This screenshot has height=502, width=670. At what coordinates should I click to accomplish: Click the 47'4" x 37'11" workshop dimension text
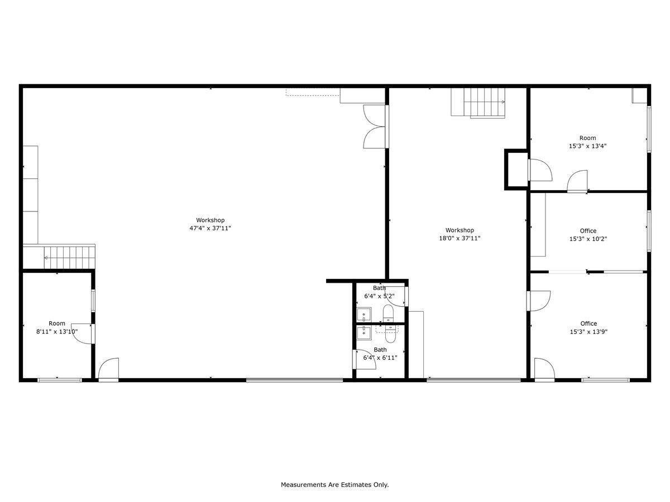[x=210, y=228]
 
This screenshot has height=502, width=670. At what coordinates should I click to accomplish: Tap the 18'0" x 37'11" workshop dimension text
[x=460, y=238]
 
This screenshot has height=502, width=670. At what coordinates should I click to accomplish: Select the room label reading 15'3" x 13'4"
[x=587, y=146]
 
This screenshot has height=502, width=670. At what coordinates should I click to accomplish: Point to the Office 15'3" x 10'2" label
[x=588, y=235]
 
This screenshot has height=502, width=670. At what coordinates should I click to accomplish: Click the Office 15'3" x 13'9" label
[x=588, y=327]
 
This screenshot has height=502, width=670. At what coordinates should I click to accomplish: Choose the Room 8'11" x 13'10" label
[x=57, y=327]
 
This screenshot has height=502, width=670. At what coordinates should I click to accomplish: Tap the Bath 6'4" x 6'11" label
[x=380, y=354]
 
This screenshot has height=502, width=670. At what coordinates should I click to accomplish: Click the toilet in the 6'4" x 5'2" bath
[x=389, y=313]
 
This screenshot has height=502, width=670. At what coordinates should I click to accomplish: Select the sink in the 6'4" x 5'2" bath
[x=364, y=314]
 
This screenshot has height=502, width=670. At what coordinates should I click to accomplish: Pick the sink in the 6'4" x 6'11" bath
[x=364, y=332]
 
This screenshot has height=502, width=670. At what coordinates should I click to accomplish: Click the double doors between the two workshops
[x=374, y=127]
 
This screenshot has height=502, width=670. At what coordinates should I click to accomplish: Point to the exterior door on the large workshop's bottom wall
[x=109, y=370]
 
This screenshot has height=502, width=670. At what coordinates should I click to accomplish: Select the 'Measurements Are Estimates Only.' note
[x=334, y=485]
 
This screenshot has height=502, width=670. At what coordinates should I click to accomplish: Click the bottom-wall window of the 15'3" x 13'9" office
[x=605, y=380]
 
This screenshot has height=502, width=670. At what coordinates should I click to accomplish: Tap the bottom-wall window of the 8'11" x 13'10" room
[x=60, y=380]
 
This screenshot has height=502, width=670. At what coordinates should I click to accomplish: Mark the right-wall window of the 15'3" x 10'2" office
[x=649, y=230]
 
